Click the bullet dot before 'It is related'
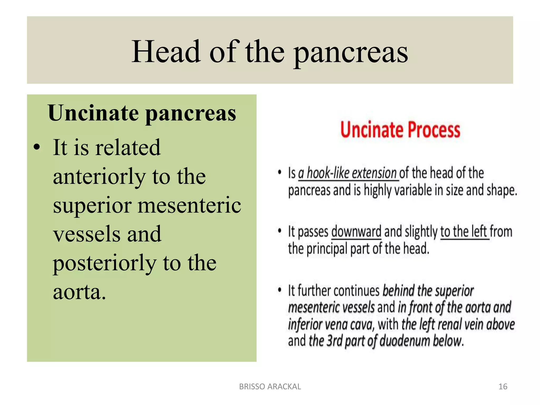pyautogui.click(x=37, y=147)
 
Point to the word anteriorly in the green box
pyautogui.click(x=99, y=177)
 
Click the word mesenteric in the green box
pyautogui.click(x=189, y=205)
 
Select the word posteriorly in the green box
pyautogui.click(x=104, y=263)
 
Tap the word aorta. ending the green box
pyautogui.click(x=79, y=292)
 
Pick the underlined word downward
pyautogui.click(x=356, y=232)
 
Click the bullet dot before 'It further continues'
pyautogui.click(x=280, y=290)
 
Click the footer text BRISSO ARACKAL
pyautogui.click(x=270, y=387)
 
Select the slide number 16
pyautogui.click(x=503, y=387)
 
